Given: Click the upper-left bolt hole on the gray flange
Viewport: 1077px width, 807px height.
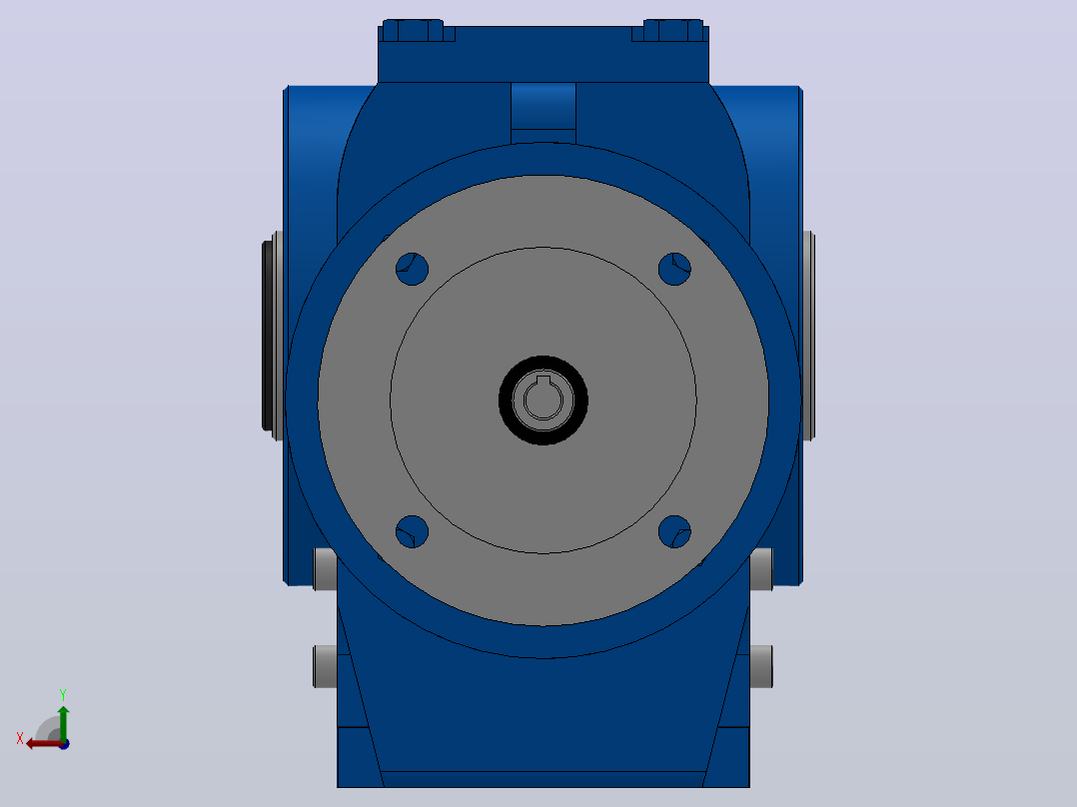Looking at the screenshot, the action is (x=412, y=269).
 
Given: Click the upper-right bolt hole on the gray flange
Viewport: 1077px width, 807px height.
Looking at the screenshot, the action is (x=674, y=269).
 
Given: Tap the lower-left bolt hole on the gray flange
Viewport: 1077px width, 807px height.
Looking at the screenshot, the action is (x=412, y=531).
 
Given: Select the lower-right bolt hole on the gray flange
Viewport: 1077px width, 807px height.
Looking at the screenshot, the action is (x=674, y=531).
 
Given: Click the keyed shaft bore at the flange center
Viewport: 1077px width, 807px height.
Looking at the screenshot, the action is (x=543, y=399).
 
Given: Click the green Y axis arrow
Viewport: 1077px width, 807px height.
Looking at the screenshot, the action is (x=63, y=722).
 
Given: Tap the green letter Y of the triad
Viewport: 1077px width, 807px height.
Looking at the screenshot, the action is (x=63, y=695).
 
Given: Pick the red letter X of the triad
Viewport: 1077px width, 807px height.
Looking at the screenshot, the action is (x=20, y=738).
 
